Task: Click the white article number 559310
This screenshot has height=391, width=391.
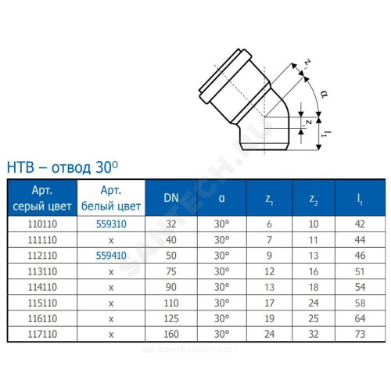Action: [x=111, y=224]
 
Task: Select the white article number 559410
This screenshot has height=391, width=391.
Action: [x=111, y=256]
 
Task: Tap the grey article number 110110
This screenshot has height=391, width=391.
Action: [x=42, y=224]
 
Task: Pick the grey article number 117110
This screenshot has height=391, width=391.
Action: [x=42, y=334]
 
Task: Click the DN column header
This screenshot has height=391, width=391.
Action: [x=171, y=198]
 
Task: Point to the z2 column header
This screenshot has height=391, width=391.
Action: [x=314, y=199]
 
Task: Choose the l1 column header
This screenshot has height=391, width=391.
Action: [x=360, y=199]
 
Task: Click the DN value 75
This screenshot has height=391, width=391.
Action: [x=171, y=271]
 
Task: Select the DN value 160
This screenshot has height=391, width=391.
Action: [x=171, y=334]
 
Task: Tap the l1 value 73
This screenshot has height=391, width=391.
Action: [x=360, y=334]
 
